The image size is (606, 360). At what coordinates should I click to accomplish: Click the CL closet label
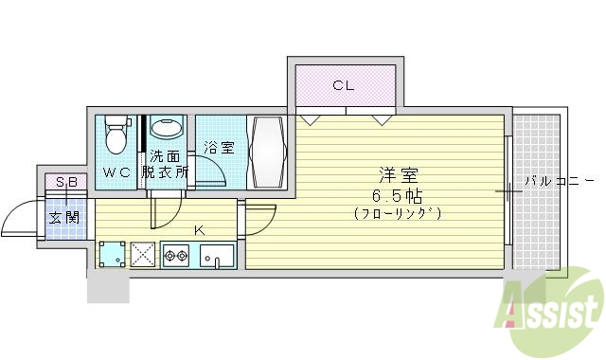pyautogui.click(x=343, y=86)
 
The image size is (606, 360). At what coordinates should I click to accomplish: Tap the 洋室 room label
pyautogui.click(x=398, y=175)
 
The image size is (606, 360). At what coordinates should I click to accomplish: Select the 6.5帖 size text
pyautogui.click(x=398, y=195)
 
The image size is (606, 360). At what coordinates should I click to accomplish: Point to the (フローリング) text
pyautogui.click(x=398, y=213)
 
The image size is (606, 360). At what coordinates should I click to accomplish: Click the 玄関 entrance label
pyautogui.click(x=64, y=217)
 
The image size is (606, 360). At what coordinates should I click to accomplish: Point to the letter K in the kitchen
pyautogui.click(x=200, y=230)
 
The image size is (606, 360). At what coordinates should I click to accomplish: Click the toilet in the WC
pyautogui.click(x=116, y=135)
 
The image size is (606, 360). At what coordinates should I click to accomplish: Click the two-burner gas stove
pyautogui.click(x=177, y=254)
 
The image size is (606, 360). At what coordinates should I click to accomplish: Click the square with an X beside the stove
pyautogui.click(x=145, y=254)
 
